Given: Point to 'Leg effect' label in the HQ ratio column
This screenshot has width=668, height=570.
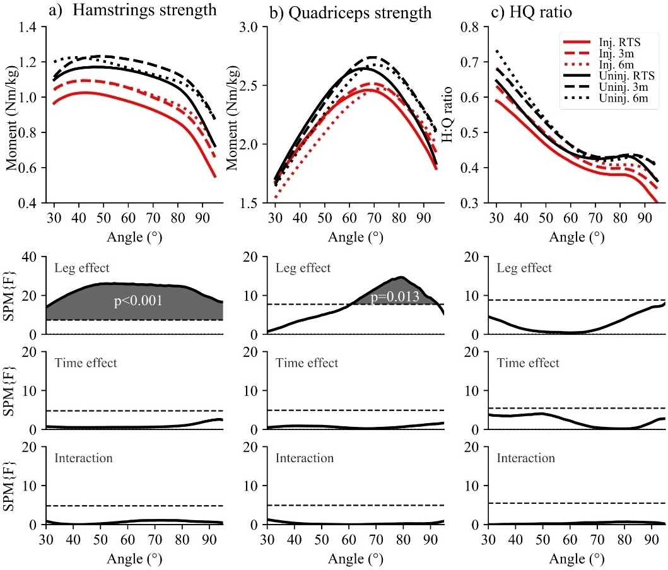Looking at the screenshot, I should tap(525, 268).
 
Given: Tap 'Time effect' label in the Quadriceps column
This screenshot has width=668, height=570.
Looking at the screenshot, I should tap(306, 363).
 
